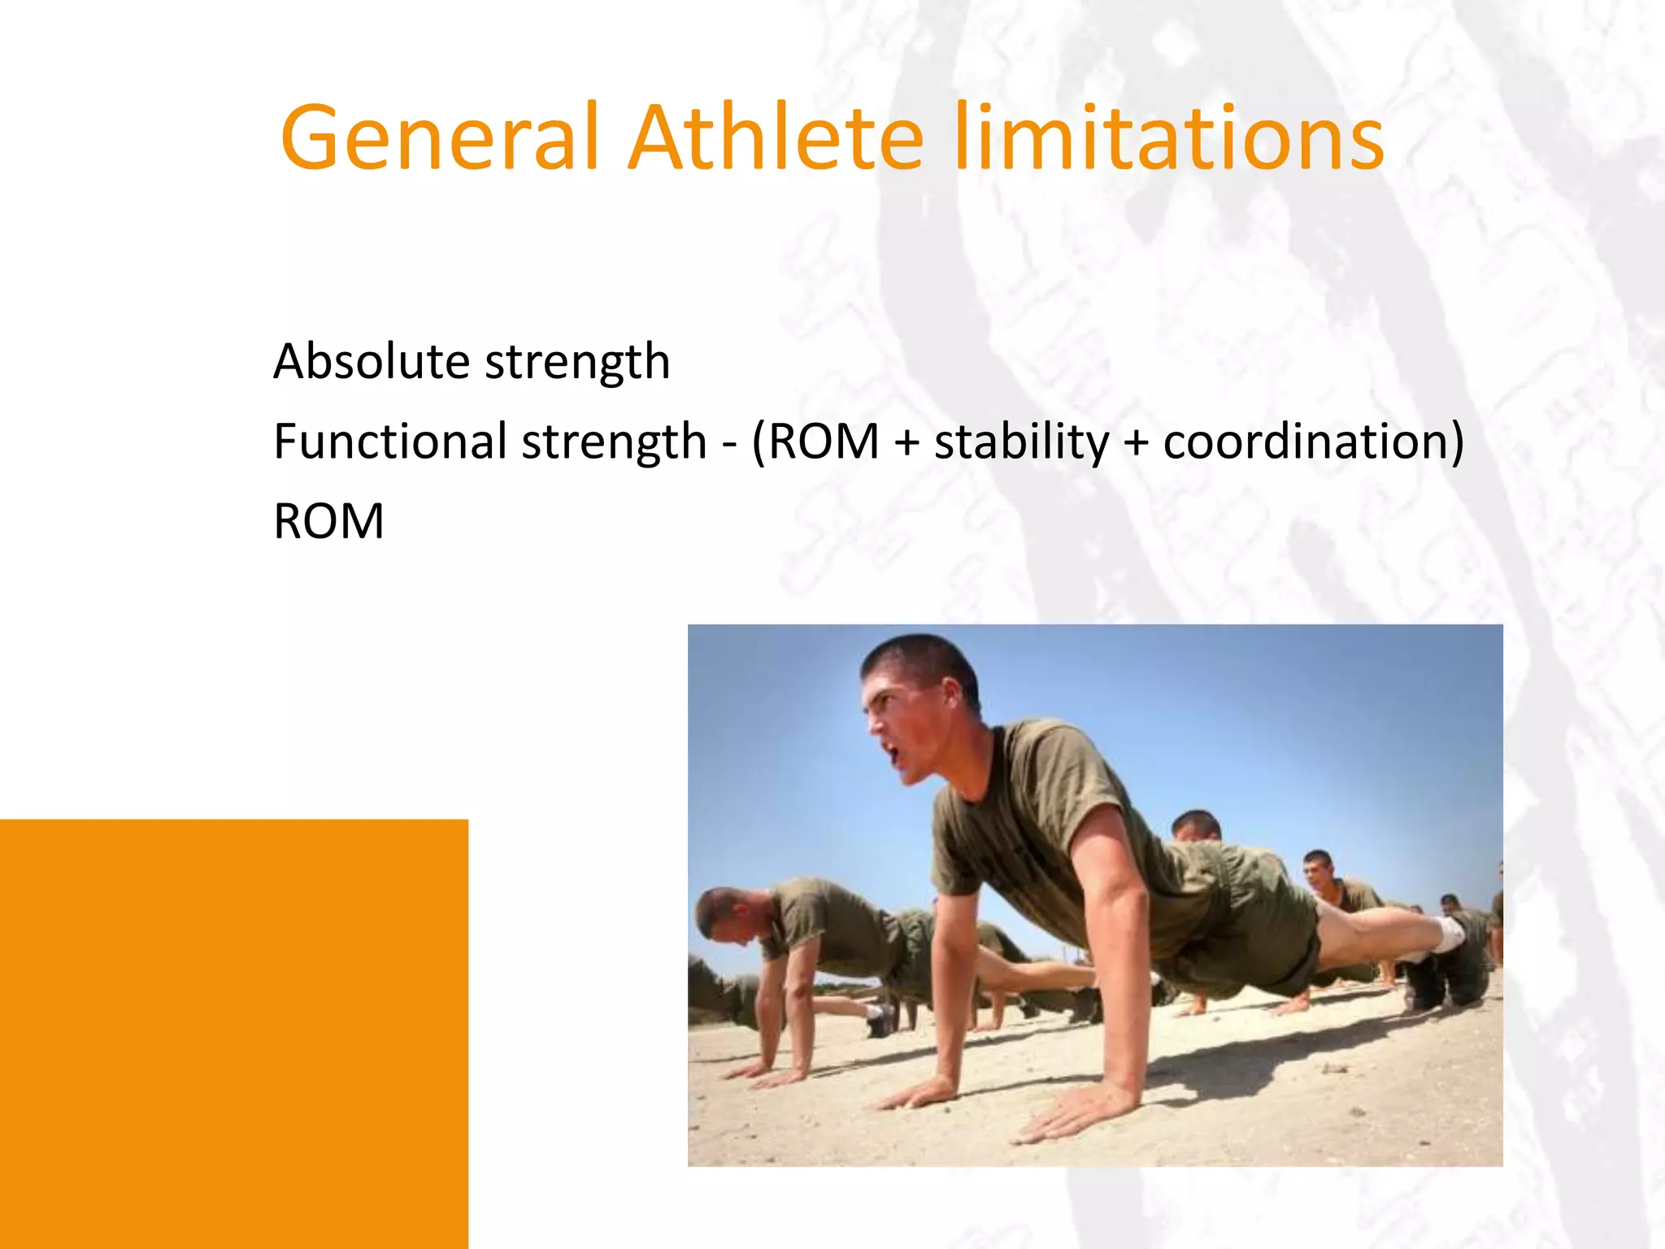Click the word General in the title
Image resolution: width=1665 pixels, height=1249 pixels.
point(439,138)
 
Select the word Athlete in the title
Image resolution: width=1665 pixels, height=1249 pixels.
point(776,138)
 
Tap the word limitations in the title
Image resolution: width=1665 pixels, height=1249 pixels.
point(1168,138)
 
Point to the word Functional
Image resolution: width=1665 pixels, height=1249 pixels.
point(390,442)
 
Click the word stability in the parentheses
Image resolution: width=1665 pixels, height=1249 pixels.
point(1021,442)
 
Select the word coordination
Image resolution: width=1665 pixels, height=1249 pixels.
point(1305,442)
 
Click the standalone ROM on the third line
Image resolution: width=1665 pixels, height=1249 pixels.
point(328,521)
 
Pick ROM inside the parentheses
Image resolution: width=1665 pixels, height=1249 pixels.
point(824,442)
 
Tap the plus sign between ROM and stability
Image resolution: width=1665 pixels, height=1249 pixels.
point(906,443)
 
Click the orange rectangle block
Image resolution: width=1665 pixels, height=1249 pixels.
point(233,1033)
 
